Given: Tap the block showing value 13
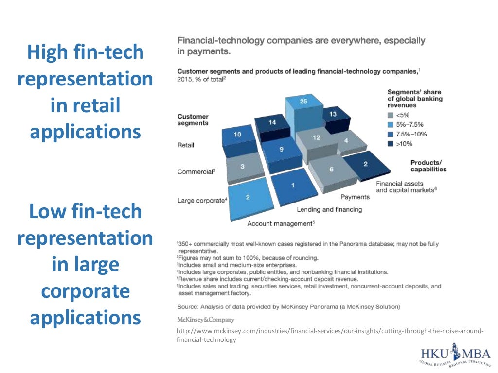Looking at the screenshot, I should pyautogui.click(x=333, y=117).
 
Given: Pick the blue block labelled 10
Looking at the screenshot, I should pyautogui.click(x=237, y=136).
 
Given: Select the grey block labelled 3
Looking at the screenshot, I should pyautogui.click(x=243, y=168).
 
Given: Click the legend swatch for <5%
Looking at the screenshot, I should pyautogui.click(x=390, y=116).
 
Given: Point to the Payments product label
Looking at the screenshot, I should pyautogui.click(x=355, y=197).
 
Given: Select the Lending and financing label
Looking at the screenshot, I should pyautogui.click(x=329, y=209).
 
